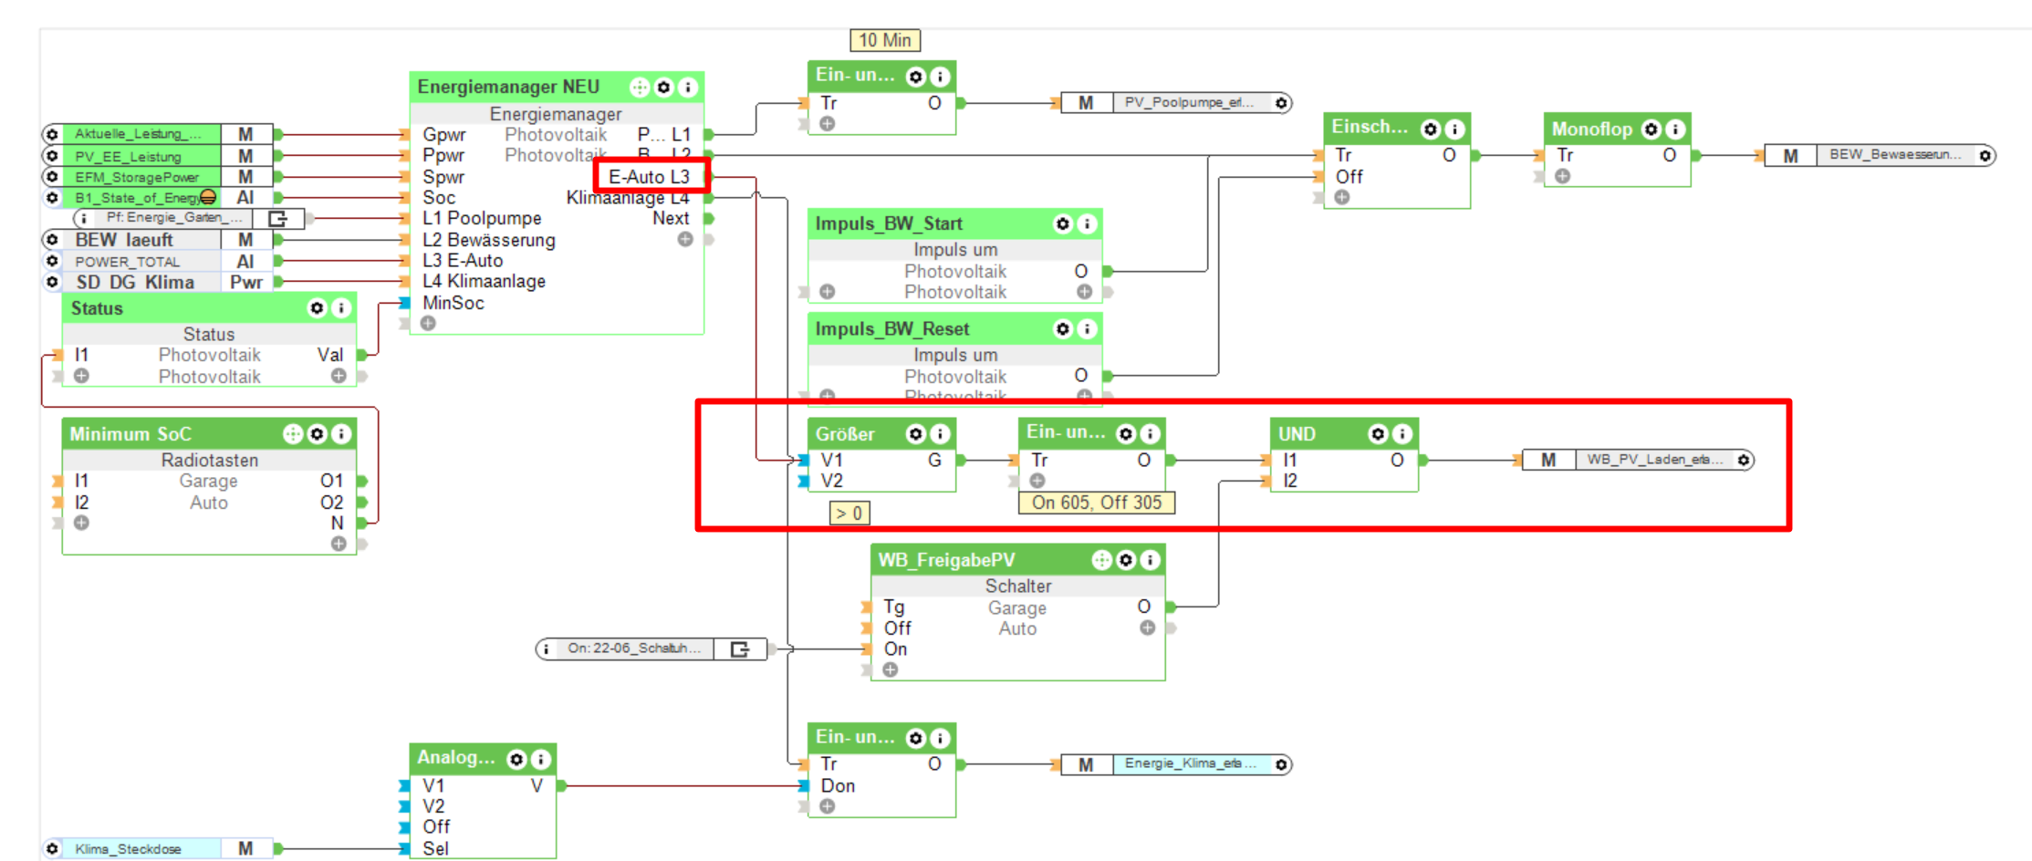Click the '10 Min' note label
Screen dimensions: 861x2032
tap(884, 40)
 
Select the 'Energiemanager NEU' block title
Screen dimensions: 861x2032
tap(508, 87)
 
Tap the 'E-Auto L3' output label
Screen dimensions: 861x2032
tap(649, 177)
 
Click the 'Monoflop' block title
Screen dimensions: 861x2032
tap(1591, 129)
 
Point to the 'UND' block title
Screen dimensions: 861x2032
tap(1297, 434)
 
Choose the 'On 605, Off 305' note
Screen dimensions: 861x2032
tap(1096, 503)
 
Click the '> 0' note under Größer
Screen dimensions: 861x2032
tap(849, 513)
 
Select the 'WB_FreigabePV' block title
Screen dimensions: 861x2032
tap(946, 560)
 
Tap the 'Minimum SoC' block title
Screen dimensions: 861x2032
tap(130, 434)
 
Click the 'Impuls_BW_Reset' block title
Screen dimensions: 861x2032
tap(891, 328)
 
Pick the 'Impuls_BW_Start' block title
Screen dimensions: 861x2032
tap(888, 223)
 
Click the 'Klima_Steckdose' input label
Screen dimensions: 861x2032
tap(128, 849)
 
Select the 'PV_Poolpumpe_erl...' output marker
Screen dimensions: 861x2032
tap(1188, 103)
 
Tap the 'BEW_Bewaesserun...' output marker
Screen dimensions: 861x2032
tap(1893, 155)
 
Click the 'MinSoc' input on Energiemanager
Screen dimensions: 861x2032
tap(453, 303)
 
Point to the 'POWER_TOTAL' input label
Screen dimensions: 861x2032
tap(127, 262)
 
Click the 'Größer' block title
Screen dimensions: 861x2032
tap(845, 434)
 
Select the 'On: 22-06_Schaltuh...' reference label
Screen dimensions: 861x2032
tap(633, 648)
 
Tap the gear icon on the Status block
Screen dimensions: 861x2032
tap(317, 308)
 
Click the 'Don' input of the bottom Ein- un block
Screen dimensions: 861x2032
tap(837, 785)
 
